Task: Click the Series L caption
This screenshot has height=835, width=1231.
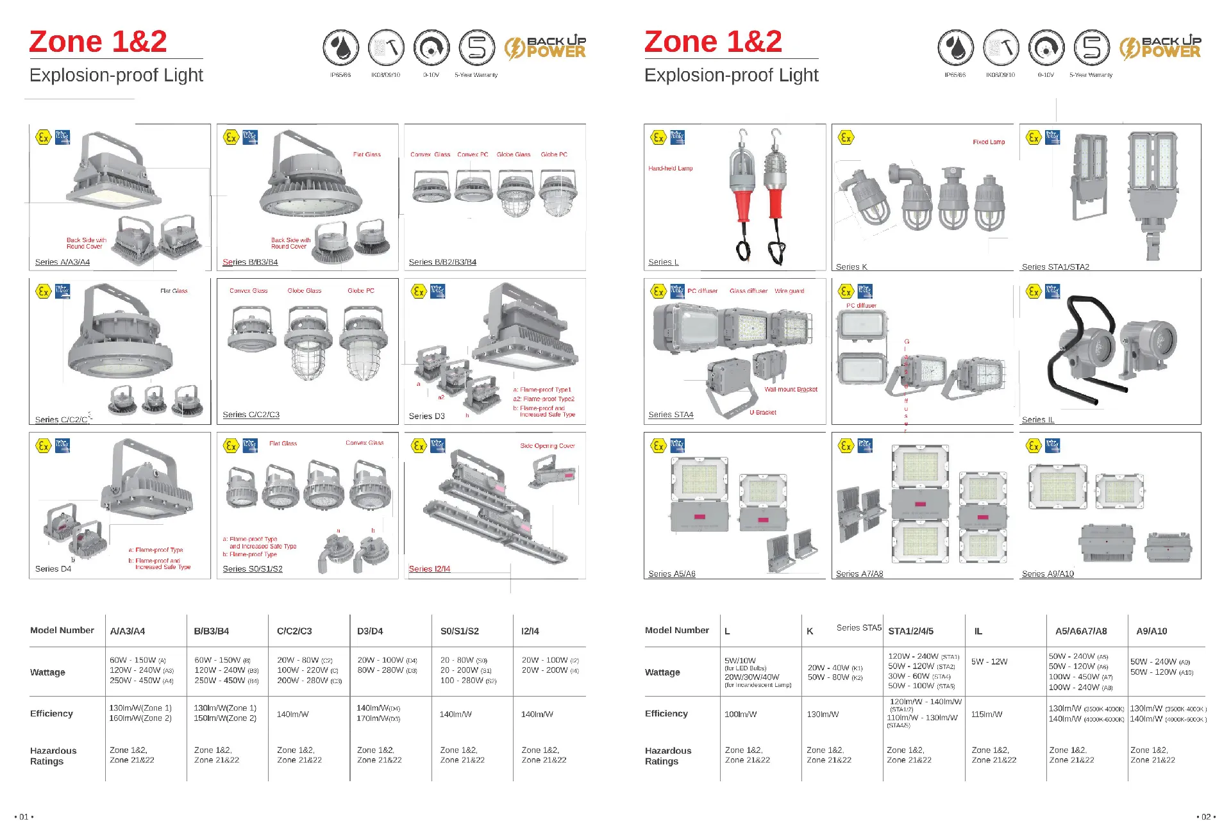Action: [x=663, y=262]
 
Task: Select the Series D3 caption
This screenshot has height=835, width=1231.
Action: [x=426, y=417]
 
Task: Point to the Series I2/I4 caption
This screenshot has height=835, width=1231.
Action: [x=430, y=569]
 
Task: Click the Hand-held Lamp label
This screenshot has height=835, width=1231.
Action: [x=670, y=169]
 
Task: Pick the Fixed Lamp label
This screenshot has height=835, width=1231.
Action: [x=989, y=142]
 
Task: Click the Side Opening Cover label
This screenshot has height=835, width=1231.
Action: [x=548, y=446]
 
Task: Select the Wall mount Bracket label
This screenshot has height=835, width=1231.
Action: [x=791, y=390]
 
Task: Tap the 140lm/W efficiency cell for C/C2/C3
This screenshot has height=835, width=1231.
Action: [x=292, y=714]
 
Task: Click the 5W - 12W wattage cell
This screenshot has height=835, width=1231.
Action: [x=989, y=662]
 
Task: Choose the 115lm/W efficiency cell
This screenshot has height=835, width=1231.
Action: [x=987, y=714]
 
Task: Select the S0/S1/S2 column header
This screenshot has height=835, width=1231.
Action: [x=460, y=631]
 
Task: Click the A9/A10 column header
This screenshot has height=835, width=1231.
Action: [x=1151, y=631]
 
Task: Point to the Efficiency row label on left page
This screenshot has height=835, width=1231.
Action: [x=51, y=714]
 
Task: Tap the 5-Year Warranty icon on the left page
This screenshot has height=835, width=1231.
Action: [x=477, y=48]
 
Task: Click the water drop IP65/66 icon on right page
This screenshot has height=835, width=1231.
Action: [x=955, y=48]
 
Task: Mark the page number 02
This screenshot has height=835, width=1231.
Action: [x=1206, y=817]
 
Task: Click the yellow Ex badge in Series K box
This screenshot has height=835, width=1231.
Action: [x=846, y=137]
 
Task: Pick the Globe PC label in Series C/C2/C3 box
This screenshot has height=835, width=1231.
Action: [x=361, y=291]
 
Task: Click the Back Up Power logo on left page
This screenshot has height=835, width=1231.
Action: [x=545, y=47]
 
